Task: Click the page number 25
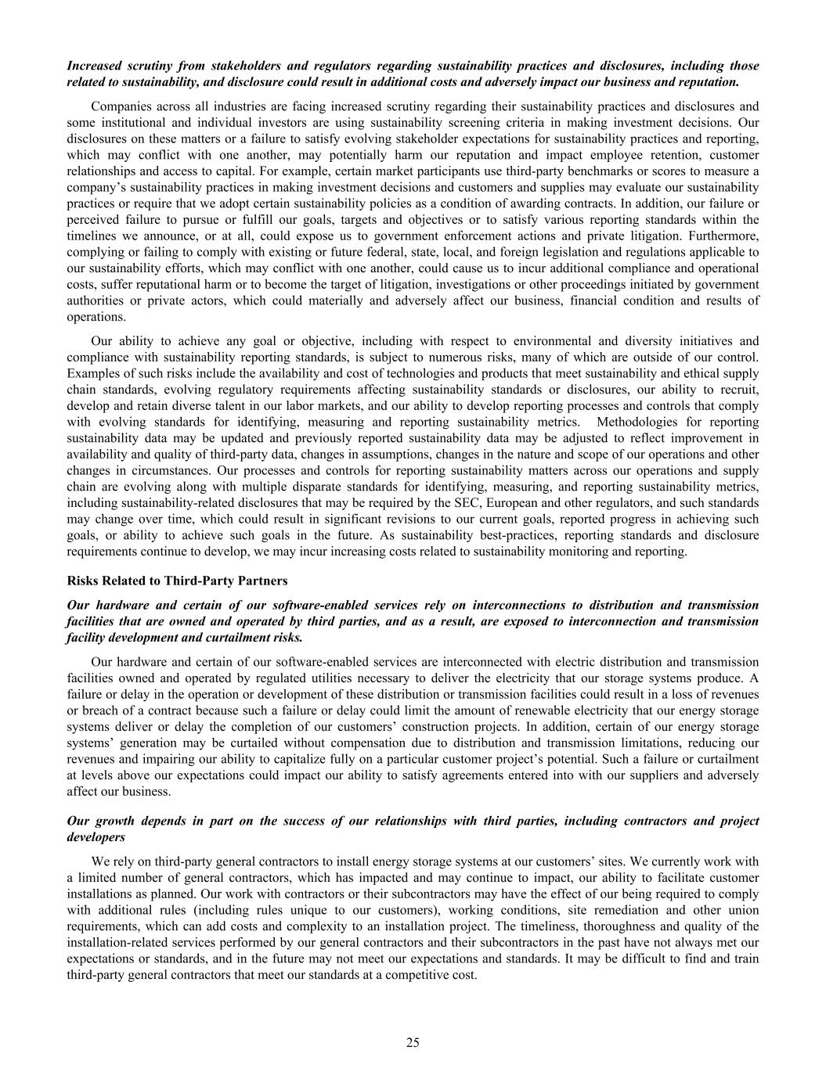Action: (413, 1041)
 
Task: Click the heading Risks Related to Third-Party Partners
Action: (177, 581)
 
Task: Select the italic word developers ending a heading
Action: (96, 837)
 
